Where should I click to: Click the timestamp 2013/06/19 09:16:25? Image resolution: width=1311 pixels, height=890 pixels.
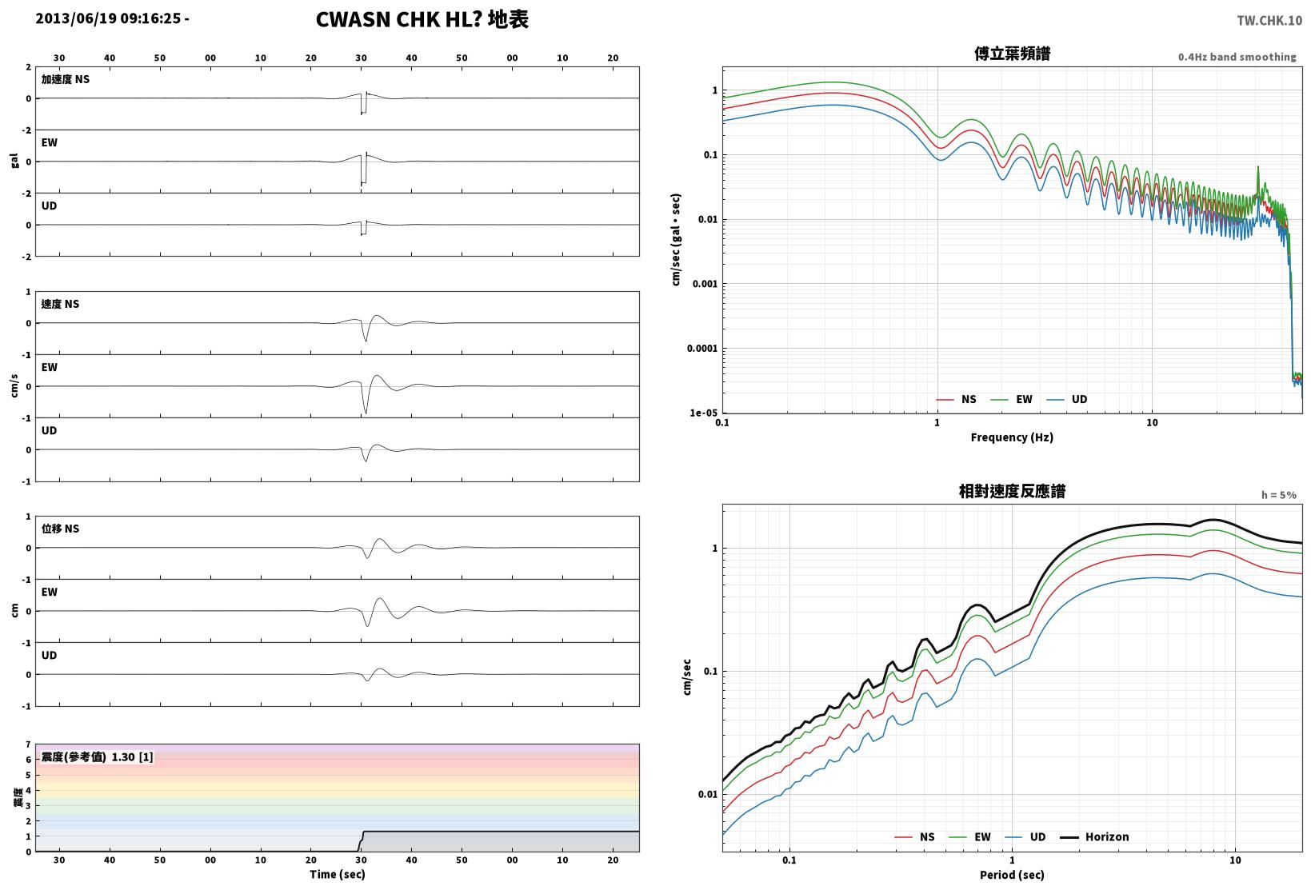[x=108, y=18]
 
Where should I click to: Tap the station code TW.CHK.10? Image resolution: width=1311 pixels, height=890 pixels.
[x=1269, y=21]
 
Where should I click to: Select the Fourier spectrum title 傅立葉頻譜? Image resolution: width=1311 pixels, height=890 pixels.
[x=1012, y=54]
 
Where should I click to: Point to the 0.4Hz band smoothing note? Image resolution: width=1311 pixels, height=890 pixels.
[x=1237, y=57]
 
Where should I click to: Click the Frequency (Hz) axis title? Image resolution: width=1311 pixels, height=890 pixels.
[x=1011, y=437]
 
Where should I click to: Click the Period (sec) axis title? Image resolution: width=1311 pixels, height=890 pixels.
[x=1012, y=875]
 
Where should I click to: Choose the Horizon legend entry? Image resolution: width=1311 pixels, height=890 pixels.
[x=1095, y=836]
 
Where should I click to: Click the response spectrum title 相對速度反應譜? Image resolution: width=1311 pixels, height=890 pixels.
[x=1012, y=491]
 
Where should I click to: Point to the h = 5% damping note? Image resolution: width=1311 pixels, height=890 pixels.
[x=1279, y=495]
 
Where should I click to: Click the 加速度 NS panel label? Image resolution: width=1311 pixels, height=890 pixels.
[x=66, y=79]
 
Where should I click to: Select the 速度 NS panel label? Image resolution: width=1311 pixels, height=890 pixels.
[x=60, y=304]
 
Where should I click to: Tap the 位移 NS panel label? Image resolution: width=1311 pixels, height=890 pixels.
[x=60, y=529]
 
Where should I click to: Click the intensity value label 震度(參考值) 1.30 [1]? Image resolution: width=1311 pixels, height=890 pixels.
[x=97, y=756]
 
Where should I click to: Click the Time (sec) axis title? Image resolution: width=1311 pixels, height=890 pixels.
[x=338, y=874]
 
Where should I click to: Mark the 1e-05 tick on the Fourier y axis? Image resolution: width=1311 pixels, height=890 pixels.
[x=703, y=413]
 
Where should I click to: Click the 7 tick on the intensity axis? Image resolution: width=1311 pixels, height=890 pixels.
[x=28, y=744]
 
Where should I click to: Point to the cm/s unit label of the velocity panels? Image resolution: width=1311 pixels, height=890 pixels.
[x=14, y=386]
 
